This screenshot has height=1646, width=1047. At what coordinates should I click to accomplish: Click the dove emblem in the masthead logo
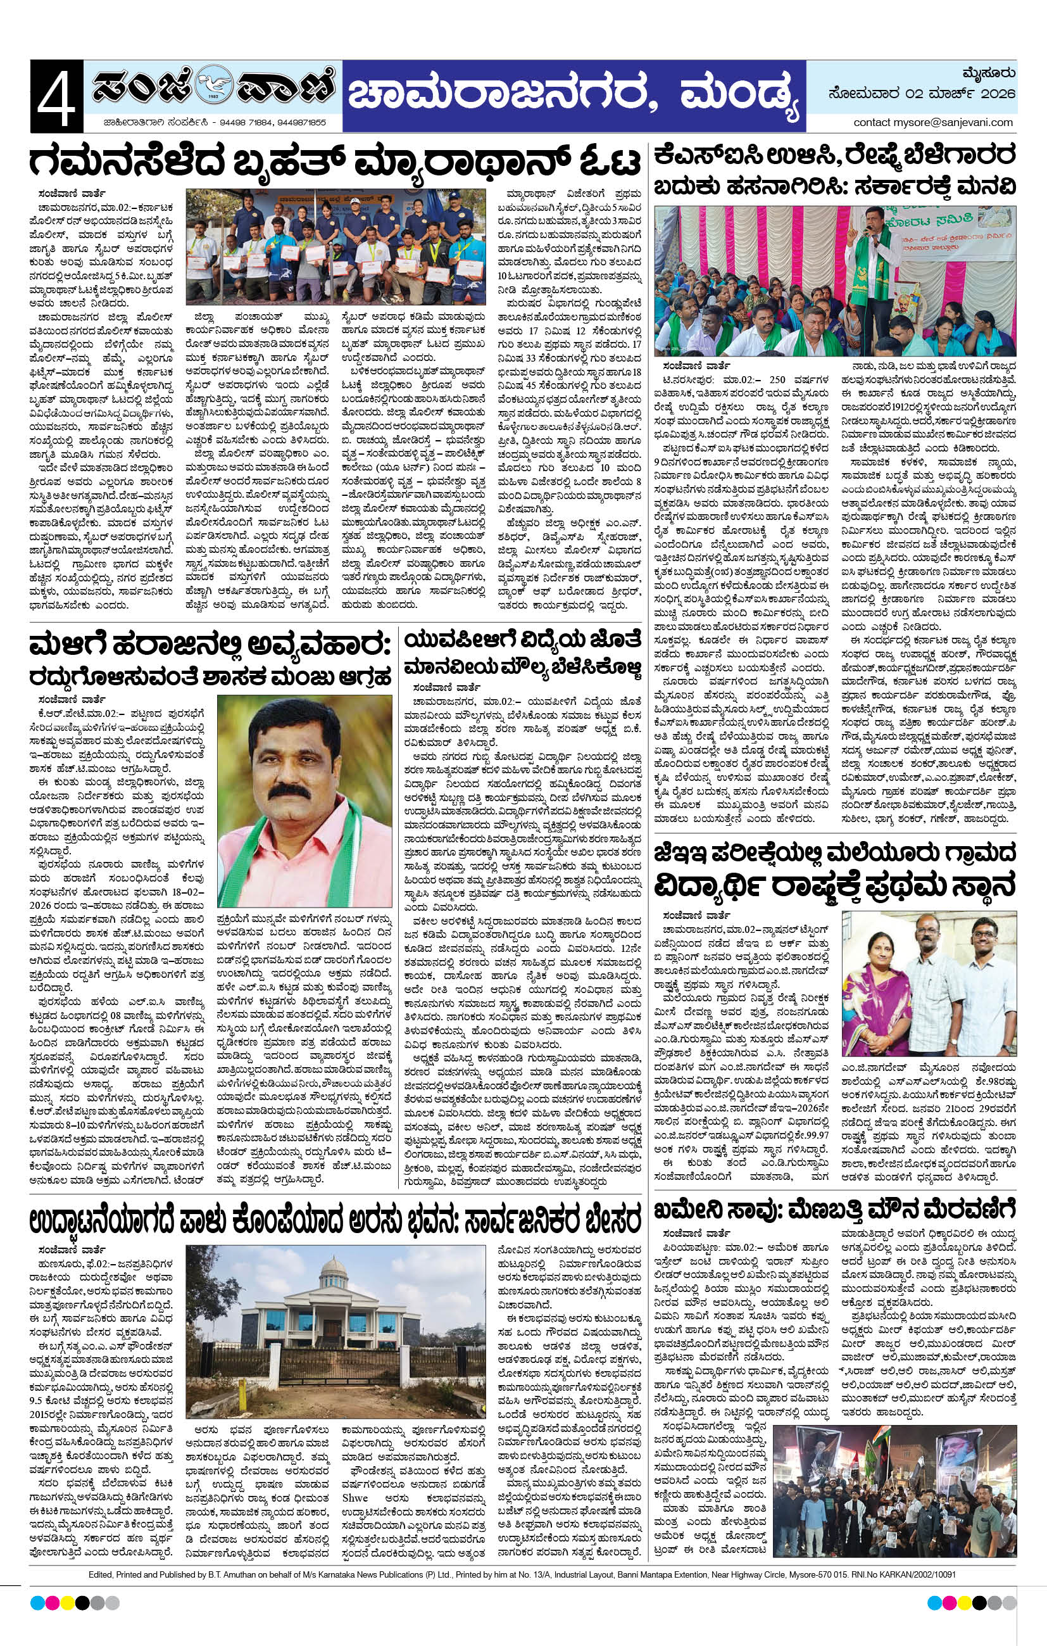tap(213, 87)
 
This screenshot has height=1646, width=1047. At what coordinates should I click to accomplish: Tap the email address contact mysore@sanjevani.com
tap(933, 122)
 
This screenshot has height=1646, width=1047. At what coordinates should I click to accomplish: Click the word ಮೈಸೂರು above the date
tap(990, 72)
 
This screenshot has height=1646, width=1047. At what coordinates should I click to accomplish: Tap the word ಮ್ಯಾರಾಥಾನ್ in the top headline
tap(424, 161)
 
